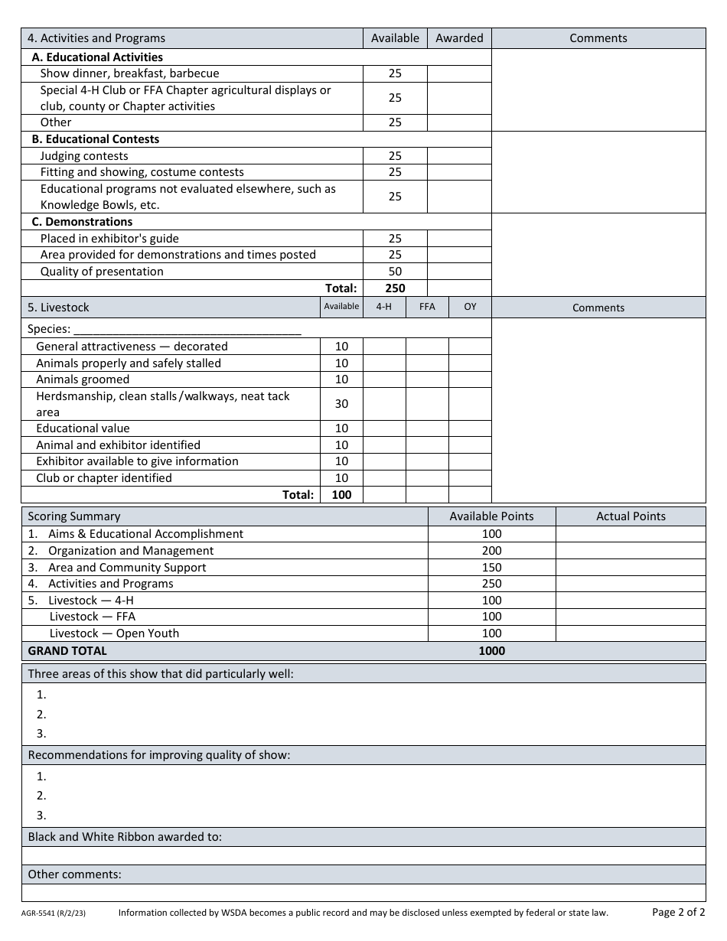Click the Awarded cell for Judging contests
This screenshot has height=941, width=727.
pyautogui.click(x=459, y=156)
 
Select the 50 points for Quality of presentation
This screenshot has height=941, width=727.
pyautogui.click(x=395, y=272)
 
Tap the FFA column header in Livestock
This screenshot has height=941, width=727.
pyautogui.click(x=427, y=307)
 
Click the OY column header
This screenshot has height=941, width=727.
pyautogui.click(x=470, y=307)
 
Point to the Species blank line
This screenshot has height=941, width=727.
pyautogui.click(x=187, y=330)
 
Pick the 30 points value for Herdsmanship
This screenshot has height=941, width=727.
pyautogui.click(x=341, y=404)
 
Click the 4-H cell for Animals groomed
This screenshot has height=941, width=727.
pyautogui.click(x=384, y=379)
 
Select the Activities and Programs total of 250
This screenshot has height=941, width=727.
pyautogui.click(x=395, y=288)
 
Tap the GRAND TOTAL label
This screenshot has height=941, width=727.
pyautogui.click(x=67, y=651)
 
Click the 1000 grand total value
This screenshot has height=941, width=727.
pyautogui.click(x=491, y=651)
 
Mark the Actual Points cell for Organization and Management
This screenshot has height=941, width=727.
pyautogui.click(x=631, y=551)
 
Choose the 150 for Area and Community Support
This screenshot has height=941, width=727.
pyautogui.click(x=491, y=568)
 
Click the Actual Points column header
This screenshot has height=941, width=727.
pyautogui.click(x=631, y=516)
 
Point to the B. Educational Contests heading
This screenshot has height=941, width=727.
pyautogui.click(x=96, y=139)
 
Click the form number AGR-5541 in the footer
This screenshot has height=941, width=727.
pyautogui.click(x=54, y=913)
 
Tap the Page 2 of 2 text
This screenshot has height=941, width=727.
pyautogui.click(x=678, y=912)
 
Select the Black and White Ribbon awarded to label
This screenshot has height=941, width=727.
pyautogui.click(x=125, y=837)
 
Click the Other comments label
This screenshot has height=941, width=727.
pyautogui.click(x=75, y=874)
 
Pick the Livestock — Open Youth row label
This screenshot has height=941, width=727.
pyautogui.click(x=114, y=633)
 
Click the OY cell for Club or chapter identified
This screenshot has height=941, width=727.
pyautogui.click(x=470, y=478)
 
